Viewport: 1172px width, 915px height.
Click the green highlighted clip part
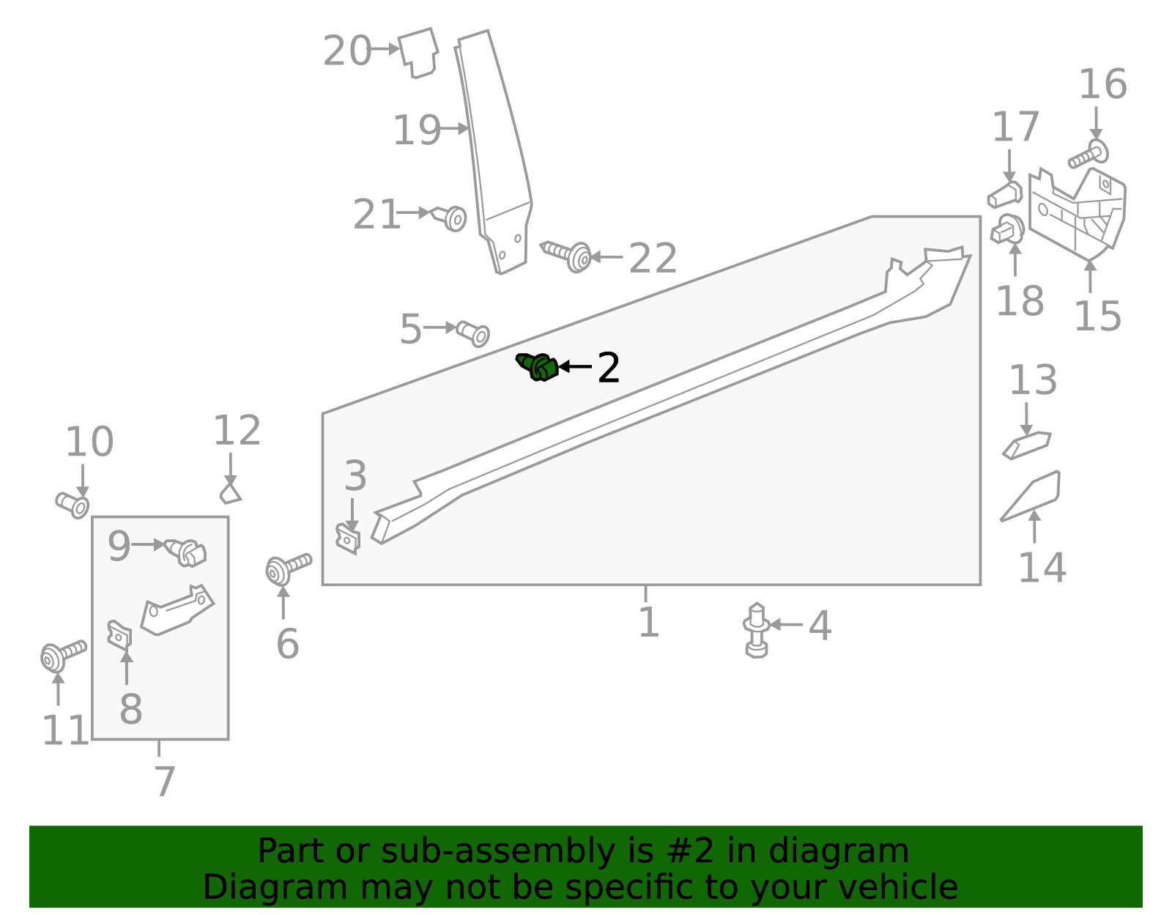pyautogui.click(x=538, y=366)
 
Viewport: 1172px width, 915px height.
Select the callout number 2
pyautogui.click(x=609, y=368)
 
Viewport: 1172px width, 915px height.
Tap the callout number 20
pyautogui.click(x=347, y=51)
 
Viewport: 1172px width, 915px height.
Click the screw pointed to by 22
pyautogui.click(x=567, y=254)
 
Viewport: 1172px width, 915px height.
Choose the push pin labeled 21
pyautogui.click(x=449, y=217)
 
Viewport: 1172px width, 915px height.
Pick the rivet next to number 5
pyautogui.click(x=473, y=333)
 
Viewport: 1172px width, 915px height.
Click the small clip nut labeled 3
pyautogui.click(x=348, y=538)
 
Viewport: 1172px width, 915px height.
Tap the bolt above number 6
pyautogui.click(x=288, y=568)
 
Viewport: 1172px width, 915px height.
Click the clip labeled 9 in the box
pyautogui.click(x=186, y=552)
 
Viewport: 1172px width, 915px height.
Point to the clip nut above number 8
pyautogui.click(x=119, y=634)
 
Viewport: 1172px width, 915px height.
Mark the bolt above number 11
pyautogui.click(x=62, y=654)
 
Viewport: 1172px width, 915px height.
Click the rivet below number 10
pyautogui.click(x=73, y=505)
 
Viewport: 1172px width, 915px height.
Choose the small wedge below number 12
pyautogui.click(x=230, y=493)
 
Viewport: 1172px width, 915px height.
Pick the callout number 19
pyautogui.click(x=416, y=130)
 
